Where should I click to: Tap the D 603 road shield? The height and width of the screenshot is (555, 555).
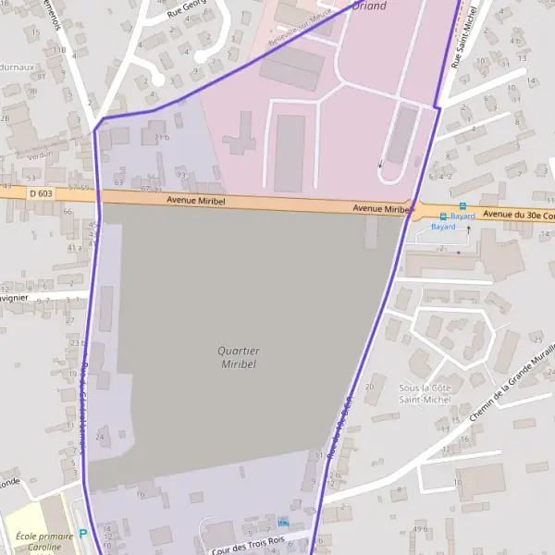tap(41, 193)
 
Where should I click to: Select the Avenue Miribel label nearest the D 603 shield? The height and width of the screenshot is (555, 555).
tap(196, 200)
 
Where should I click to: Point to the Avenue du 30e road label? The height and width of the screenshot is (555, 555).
tap(518, 215)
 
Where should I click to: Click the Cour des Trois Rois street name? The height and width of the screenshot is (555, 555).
tap(247, 545)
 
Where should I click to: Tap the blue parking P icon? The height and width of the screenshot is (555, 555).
tap(82, 533)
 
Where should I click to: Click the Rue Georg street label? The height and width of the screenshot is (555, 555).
tap(186, 11)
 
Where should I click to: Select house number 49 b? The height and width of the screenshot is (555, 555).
tap(420, 529)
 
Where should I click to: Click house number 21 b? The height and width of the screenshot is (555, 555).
tap(163, 138)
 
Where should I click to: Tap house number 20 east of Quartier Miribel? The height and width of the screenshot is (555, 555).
tap(370, 387)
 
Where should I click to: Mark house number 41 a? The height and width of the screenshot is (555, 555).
tap(74, 247)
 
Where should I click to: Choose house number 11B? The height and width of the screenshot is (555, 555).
tap(59, 50)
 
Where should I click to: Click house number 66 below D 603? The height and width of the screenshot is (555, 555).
tap(67, 211)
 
